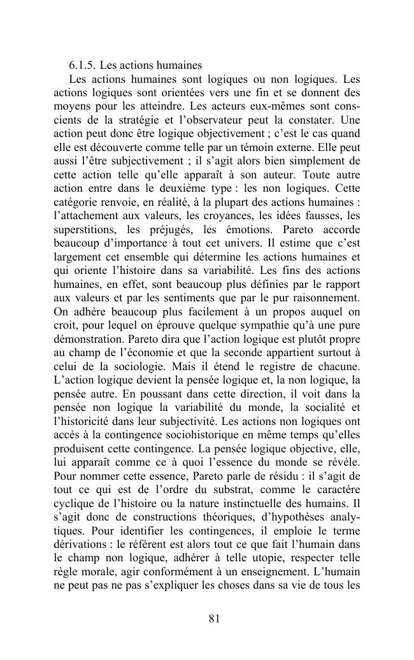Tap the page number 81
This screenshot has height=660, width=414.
pyautogui.click(x=215, y=617)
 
